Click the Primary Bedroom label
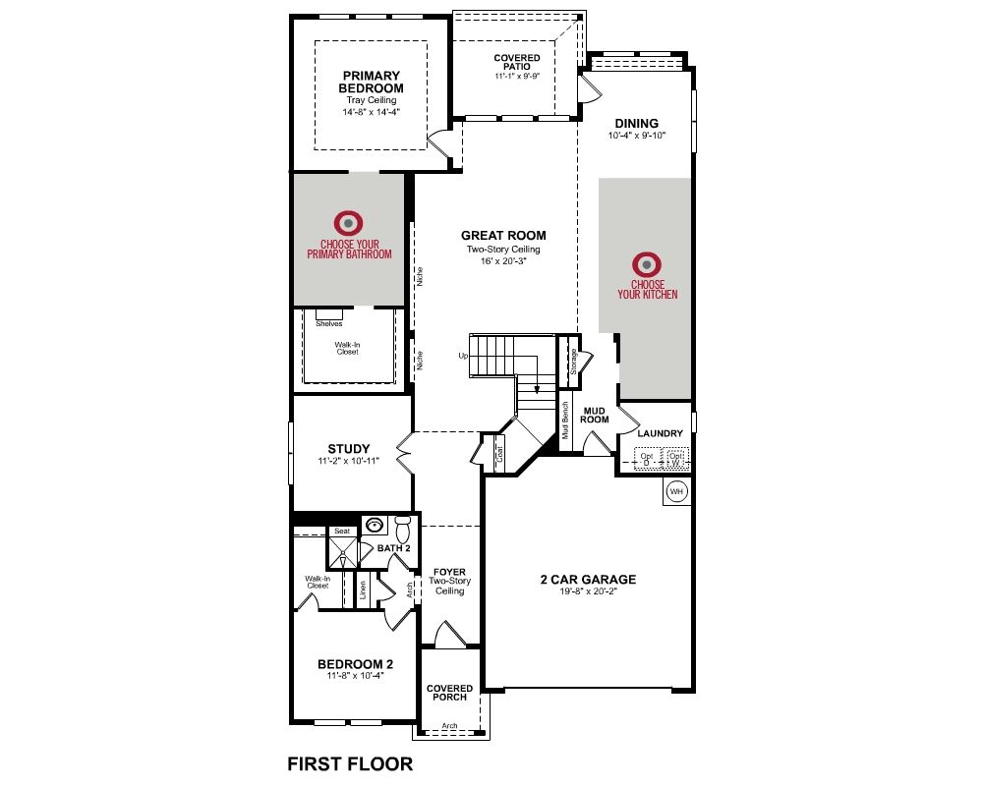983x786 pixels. point(372,83)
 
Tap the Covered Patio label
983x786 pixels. point(517,62)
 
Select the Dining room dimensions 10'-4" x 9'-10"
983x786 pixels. point(636,136)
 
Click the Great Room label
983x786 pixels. point(503,236)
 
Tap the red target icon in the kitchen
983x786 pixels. point(647,264)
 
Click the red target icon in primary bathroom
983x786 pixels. point(349,223)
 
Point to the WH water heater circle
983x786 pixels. point(676,491)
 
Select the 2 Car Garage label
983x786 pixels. point(588,580)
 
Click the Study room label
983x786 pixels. point(349,449)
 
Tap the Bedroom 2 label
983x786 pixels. point(356,664)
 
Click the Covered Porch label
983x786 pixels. point(449,693)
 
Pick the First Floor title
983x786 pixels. point(350,764)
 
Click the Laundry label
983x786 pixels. point(661,433)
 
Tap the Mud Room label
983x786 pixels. point(595,415)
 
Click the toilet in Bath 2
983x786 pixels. point(403,529)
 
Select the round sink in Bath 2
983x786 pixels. point(375,525)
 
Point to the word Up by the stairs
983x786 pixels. point(463,356)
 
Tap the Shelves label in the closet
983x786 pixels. point(329,324)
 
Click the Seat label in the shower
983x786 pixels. point(342,531)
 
